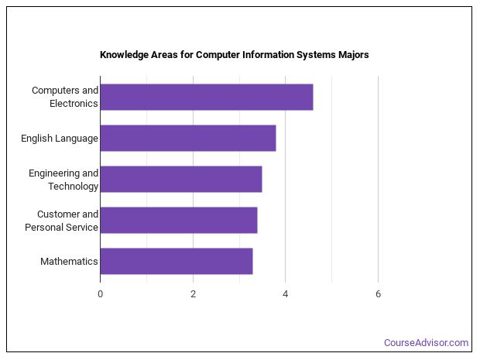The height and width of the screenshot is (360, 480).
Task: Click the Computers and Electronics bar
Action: pyautogui.click(x=206, y=97)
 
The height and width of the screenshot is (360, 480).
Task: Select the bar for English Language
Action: pyautogui.click(x=187, y=138)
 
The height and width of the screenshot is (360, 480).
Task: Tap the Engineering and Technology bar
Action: pyautogui.click(x=180, y=179)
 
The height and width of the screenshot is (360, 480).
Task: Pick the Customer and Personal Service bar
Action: pyautogui.click(x=178, y=220)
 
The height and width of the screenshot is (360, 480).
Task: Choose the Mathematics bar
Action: pyautogui.click(x=176, y=261)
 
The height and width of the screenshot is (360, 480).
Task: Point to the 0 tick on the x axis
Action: pyautogui.click(x=100, y=293)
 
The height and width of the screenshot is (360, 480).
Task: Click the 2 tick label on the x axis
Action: pyautogui.click(x=193, y=293)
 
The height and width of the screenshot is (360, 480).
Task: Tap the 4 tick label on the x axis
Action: pyautogui.click(x=285, y=293)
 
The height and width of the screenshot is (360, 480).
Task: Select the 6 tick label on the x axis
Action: pyautogui.click(x=378, y=293)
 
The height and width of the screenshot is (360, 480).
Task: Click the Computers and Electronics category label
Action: pyautogui.click(x=65, y=97)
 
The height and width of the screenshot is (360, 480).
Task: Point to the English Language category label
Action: pyautogui.click(x=60, y=139)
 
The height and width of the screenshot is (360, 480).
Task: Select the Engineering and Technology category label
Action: pyautogui.click(x=63, y=180)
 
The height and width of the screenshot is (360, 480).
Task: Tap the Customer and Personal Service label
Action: pyautogui.click(x=62, y=221)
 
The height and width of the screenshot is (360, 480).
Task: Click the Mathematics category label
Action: pyautogui.click(x=69, y=262)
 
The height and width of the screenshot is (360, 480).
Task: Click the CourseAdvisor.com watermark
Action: pyautogui.click(x=426, y=342)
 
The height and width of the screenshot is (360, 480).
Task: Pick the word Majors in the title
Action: pyautogui.click(x=351, y=55)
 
